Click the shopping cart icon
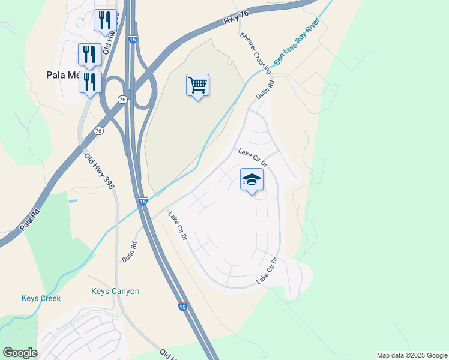point(197,85)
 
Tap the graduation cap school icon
point(252,179)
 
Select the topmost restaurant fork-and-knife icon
point(105,20)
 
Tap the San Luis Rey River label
point(297,41)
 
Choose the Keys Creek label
point(41,298)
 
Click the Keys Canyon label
point(115,292)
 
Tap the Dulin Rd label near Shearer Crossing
point(265,91)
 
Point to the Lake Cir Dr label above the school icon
point(252,158)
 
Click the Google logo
point(20,353)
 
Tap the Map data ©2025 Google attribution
point(412,355)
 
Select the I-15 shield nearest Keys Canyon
point(182,307)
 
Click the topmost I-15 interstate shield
point(133,40)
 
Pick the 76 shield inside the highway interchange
point(122,100)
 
